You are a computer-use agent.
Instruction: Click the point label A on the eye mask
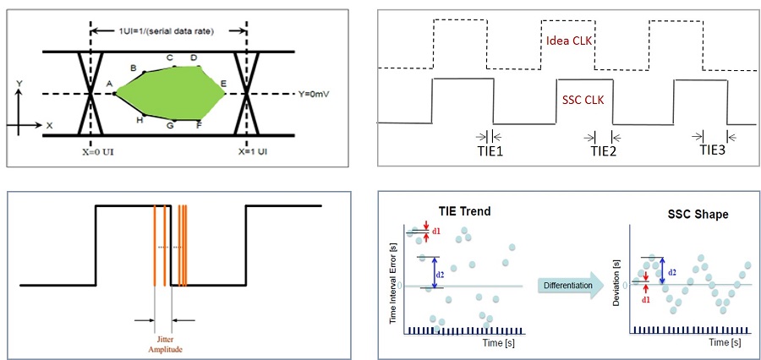click(x=109, y=84)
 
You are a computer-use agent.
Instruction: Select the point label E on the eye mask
click(x=223, y=83)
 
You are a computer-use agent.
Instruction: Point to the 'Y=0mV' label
click(x=315, y=93)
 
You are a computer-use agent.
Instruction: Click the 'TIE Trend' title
click(x=464, y=213)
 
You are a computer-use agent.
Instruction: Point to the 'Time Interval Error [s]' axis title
click(x=392, y=278)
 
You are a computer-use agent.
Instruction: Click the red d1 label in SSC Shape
click(x=646, y=298)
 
